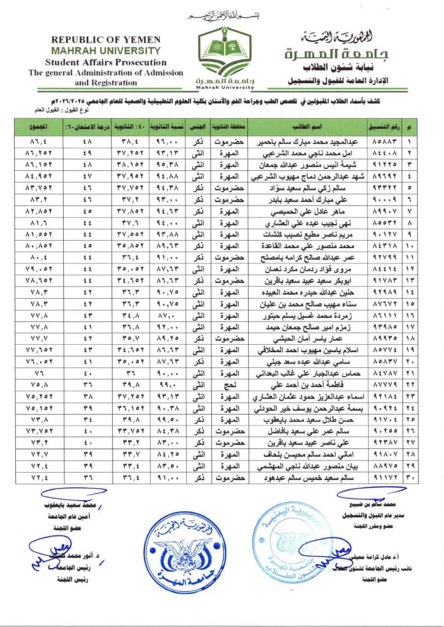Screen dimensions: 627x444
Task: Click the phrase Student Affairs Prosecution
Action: tap(97, 62)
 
